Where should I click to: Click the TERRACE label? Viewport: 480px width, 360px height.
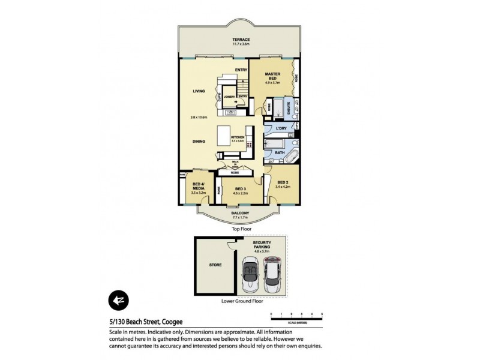(242, 40)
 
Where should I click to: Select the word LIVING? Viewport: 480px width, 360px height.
(199, 91)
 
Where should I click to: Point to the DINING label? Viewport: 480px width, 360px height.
(199, 142)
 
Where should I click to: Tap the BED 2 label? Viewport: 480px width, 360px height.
(282, 183)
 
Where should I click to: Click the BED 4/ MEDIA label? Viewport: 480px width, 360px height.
(197, 188)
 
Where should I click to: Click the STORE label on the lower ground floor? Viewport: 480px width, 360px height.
(215, 265)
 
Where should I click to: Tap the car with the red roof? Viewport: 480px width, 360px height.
(272, 274)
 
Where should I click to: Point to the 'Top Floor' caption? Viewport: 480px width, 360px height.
(241, 229)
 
